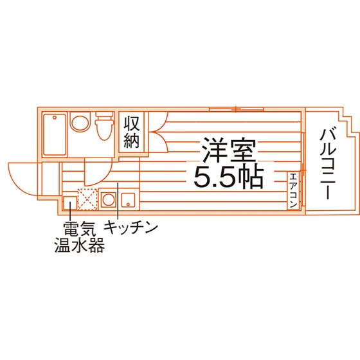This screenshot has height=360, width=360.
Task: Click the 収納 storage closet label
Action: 132,132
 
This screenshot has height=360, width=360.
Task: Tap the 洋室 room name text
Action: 228,150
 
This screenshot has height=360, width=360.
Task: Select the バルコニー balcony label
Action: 328,163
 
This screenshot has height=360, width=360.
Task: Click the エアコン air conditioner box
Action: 293,190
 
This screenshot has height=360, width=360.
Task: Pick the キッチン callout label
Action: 131,227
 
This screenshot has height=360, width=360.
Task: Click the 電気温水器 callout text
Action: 80,237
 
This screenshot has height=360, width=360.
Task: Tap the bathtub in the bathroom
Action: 55,134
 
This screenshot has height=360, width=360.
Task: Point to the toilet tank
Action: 105,115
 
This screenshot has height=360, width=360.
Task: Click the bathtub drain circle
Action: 55,118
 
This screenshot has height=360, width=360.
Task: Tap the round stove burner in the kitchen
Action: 109,199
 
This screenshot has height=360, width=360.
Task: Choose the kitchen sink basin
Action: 128,200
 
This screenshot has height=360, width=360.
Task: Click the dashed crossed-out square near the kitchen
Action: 87,199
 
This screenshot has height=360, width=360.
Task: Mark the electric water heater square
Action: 70,203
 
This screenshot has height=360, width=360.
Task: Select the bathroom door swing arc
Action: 103,177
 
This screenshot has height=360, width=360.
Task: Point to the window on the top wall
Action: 237,109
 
